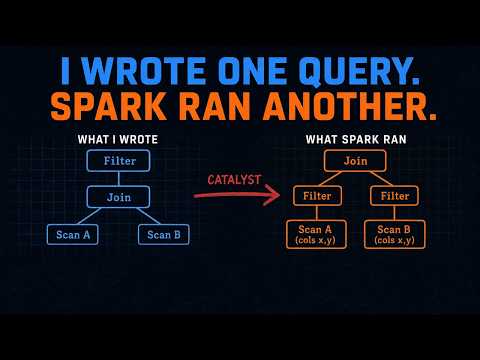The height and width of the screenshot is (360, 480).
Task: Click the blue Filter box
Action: [118, 161]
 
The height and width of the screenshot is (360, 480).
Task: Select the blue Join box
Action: [118, 197]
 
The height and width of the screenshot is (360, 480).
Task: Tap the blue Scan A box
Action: [73, 235]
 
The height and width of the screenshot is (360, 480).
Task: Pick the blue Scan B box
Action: [164, 235]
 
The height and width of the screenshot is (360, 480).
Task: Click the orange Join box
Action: [355, 161]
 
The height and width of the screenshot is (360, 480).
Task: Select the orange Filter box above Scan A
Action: [317, 196]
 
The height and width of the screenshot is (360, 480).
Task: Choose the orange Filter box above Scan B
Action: [394, 196]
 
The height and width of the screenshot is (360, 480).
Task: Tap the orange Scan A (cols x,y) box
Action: [316, 234]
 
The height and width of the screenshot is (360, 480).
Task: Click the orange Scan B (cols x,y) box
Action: [395, 234]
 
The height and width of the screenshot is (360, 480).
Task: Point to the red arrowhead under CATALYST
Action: [273, 195]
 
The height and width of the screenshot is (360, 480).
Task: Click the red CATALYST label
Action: [234, 180]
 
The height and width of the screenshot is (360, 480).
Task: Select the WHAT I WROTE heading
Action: [118, 139]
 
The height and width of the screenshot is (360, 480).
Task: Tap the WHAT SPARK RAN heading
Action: [356, 139]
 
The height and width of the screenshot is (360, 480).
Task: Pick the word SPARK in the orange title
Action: [108, 106]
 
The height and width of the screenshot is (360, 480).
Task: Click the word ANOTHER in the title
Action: [350, 106]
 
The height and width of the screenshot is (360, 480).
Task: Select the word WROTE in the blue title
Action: [144, 71]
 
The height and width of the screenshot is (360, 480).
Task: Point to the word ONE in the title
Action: [252, 71]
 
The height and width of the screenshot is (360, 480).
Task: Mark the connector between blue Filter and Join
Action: [119, 179]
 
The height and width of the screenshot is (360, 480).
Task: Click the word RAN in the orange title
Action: [215, 106]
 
